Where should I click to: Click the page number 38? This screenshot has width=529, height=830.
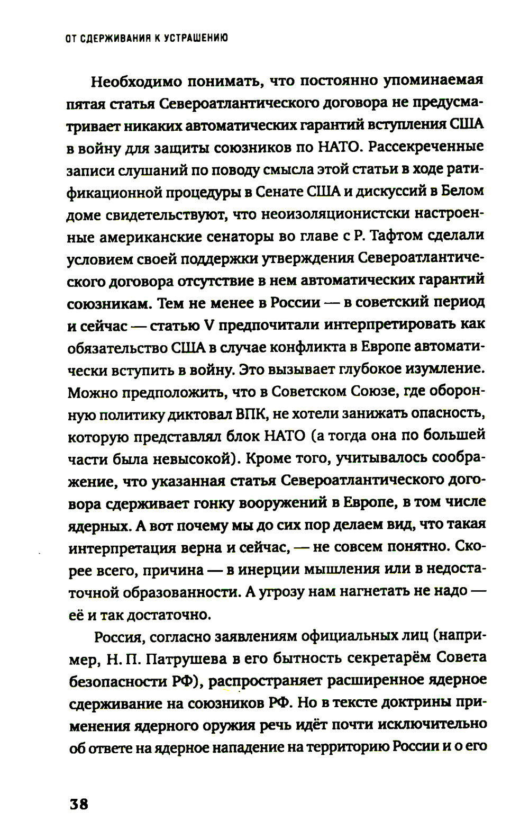pyautogui.click(x=79, y=804)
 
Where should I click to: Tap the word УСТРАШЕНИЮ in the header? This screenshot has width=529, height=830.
pyautogui.click(x=195, y=38)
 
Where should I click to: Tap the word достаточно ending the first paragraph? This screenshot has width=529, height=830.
pyautogui.click(x=168, y=614)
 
